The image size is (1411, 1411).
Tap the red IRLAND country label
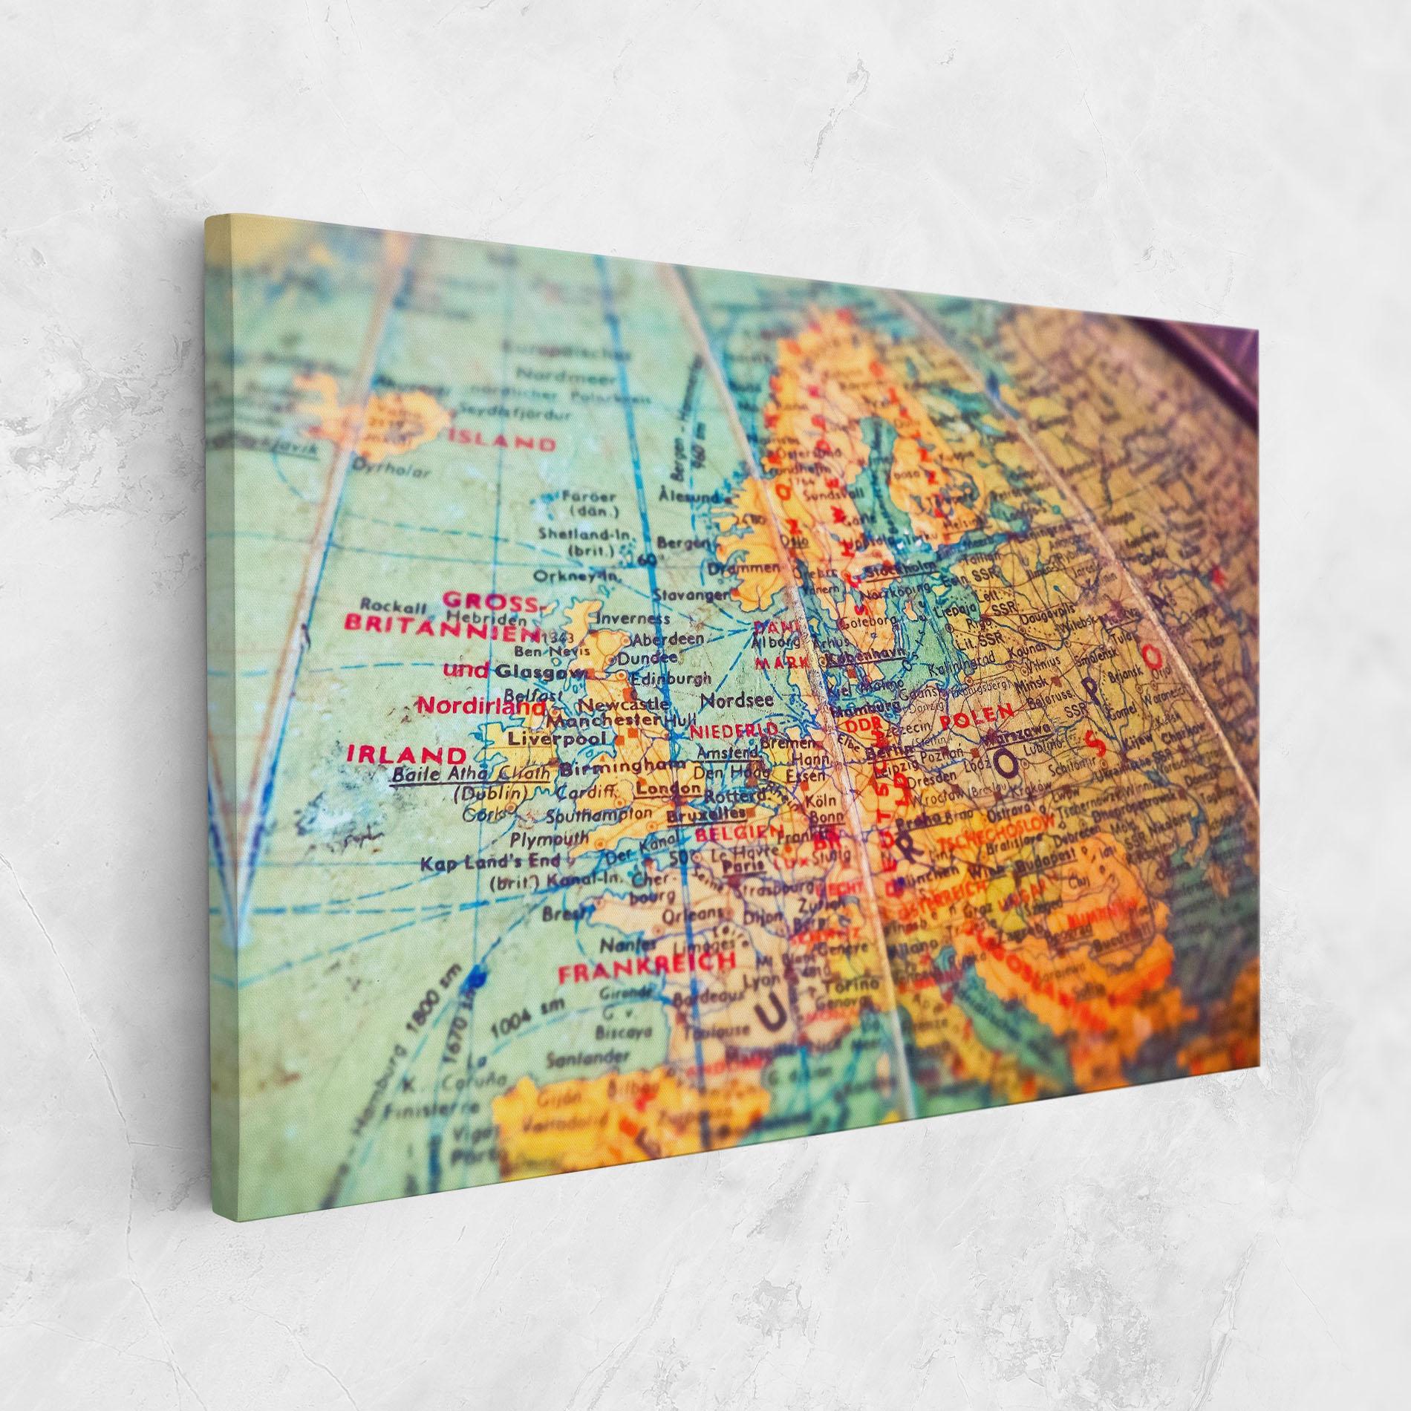click(406, 755)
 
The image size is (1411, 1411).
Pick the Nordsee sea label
click(737, 700)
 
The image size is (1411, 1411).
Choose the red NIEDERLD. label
click(734, 729)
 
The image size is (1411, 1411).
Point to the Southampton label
click(598, 815)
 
